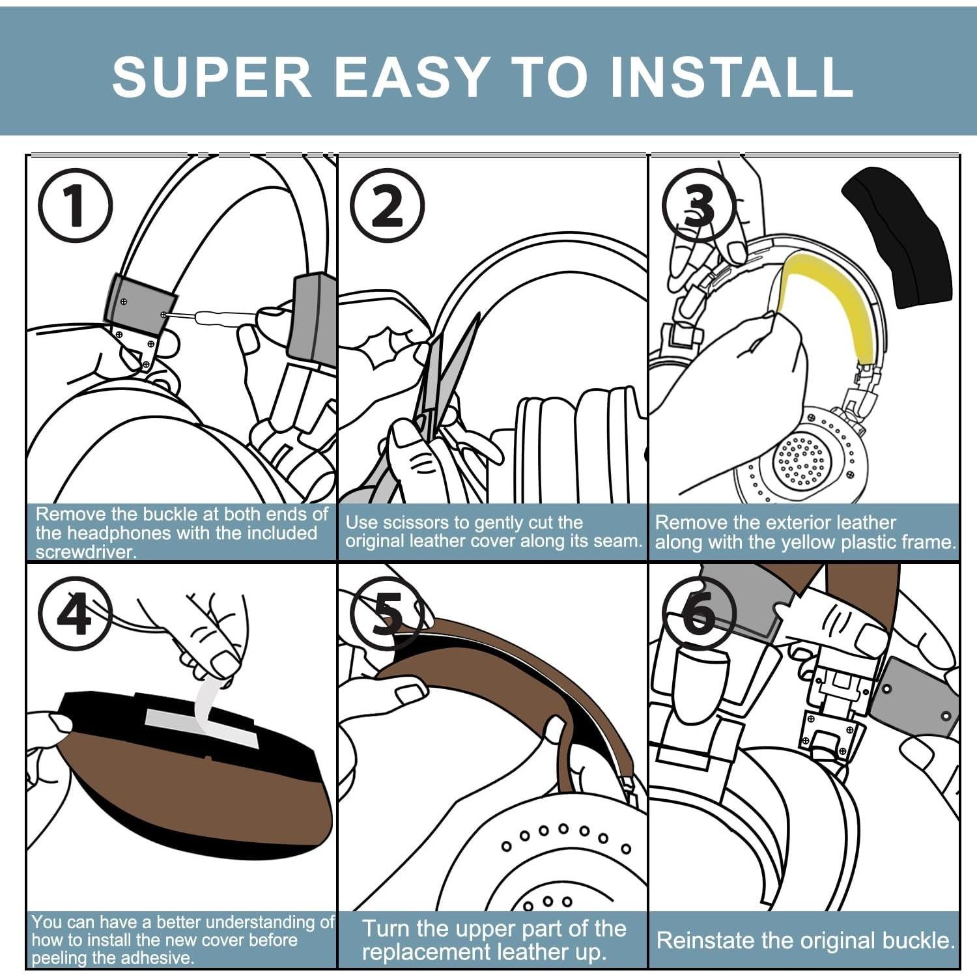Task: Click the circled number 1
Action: (75, 205)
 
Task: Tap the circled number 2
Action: (388, 205)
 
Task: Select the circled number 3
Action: (699, 205)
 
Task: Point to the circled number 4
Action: (75, 614)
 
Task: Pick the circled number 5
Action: (388, 614)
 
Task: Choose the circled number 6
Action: (699, 614)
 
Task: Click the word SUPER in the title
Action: (212, 77)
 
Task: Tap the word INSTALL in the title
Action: (731, 77)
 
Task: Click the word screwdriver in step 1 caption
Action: (86, 552)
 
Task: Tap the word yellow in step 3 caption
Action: (800, 543)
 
